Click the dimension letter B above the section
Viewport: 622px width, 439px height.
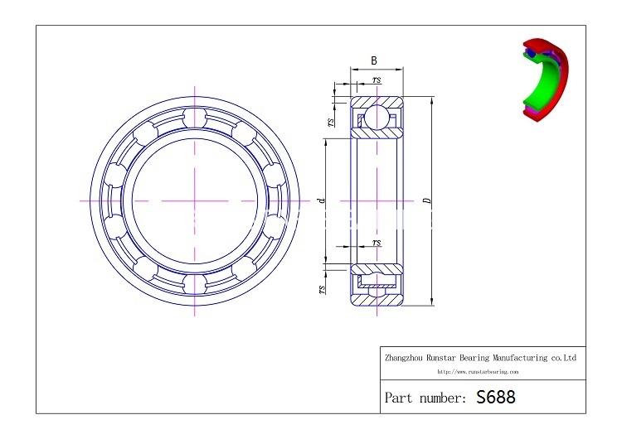coord(374,60)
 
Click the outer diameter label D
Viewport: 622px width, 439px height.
coord(425,201)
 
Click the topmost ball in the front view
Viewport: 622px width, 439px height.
coord(195,117)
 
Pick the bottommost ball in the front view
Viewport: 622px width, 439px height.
coord(195,285)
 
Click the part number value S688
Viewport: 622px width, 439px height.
coord(496,397)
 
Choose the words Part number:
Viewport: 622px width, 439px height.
coord(425,398)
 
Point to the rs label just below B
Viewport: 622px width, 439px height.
coord(377,80)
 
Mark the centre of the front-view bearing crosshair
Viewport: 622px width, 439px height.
coord(195,201)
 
